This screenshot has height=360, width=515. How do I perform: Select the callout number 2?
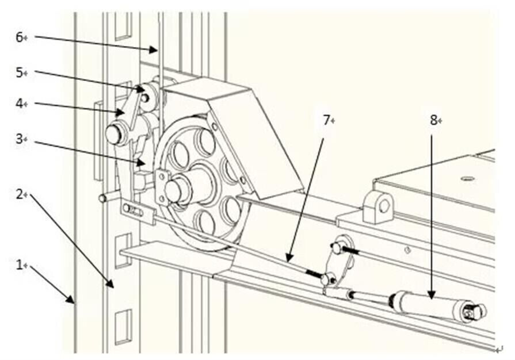coord(19,194)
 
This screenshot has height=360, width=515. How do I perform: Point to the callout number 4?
coord(19,104)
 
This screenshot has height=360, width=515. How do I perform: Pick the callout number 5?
coord(19,72)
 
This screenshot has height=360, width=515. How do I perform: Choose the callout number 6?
coord(19,37)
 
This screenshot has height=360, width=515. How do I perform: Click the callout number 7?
coord(326,120)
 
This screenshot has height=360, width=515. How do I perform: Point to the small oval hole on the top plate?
coord(468,178)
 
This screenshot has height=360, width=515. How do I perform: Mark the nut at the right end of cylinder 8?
coord(476,312)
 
